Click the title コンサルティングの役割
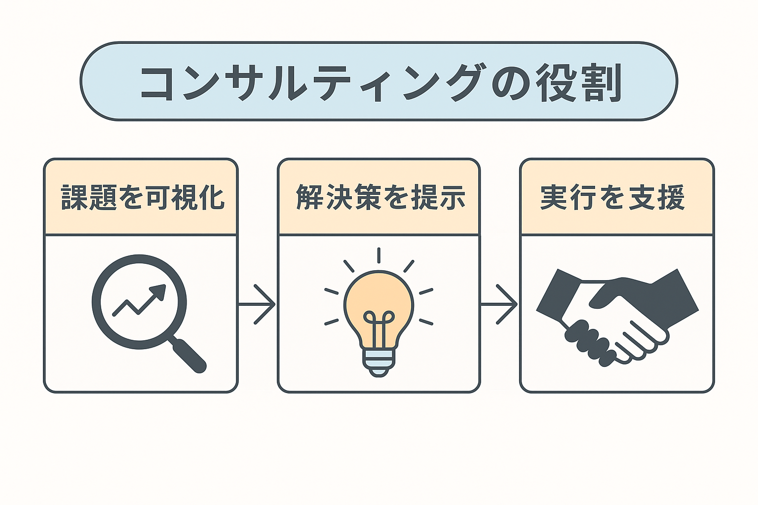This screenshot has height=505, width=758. pos(381,82)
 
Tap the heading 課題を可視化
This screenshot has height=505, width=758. pos(143,198)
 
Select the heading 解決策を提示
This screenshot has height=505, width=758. pos(380,198)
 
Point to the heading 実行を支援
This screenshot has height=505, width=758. pos(613,198)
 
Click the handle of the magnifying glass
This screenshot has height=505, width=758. pos(188,355)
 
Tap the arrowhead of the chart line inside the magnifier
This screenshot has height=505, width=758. pos(158,291)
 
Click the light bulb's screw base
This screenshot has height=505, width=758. pos(379,362)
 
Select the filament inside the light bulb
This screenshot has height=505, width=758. pos(379,326)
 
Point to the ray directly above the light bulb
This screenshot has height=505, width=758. pos(379,255)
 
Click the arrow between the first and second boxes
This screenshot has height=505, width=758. pos(257,304)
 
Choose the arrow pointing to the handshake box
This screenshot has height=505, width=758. pos(499,304)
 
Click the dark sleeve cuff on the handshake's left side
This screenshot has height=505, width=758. pos(558,295)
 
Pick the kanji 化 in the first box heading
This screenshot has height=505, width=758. pos(212,198)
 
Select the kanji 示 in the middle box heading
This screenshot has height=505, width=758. pos(452,198)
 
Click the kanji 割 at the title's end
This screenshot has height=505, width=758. pos(603,82)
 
